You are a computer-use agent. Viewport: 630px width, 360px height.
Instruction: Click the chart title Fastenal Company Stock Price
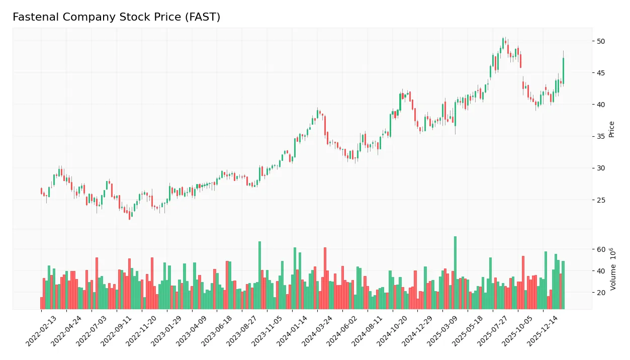[116, 17]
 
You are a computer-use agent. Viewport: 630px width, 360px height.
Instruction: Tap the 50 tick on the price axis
[601, 41]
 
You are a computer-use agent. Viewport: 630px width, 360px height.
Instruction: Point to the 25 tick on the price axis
[601, 200]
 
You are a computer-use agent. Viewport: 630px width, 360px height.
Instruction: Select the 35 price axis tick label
[601, 137]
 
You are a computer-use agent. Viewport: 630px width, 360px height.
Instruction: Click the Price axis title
[611, 129]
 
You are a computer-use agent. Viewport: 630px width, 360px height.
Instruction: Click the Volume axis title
[613, 269]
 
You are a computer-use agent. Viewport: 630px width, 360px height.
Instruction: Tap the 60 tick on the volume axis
[601, 249]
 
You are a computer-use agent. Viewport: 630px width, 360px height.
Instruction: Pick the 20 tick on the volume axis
[601, 293]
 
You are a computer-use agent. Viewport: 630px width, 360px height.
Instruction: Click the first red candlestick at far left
[42, 191]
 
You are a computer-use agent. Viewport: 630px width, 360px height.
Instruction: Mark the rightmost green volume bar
[563, 285]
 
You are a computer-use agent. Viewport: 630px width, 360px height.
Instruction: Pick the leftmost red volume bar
[42, 303]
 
